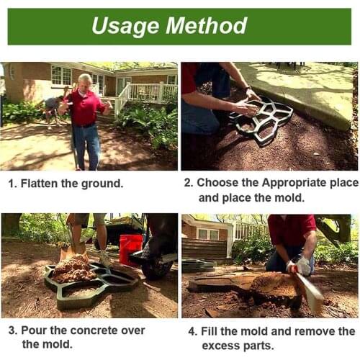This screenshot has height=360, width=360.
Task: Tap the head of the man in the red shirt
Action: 85,80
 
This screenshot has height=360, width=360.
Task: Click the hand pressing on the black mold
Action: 246,108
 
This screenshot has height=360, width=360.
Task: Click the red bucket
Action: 130,248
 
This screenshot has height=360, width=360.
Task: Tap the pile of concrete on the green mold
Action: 73,270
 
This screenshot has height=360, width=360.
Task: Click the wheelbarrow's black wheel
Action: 156,268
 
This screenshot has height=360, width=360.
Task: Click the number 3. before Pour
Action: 13,330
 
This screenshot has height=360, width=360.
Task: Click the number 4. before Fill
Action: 192,331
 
